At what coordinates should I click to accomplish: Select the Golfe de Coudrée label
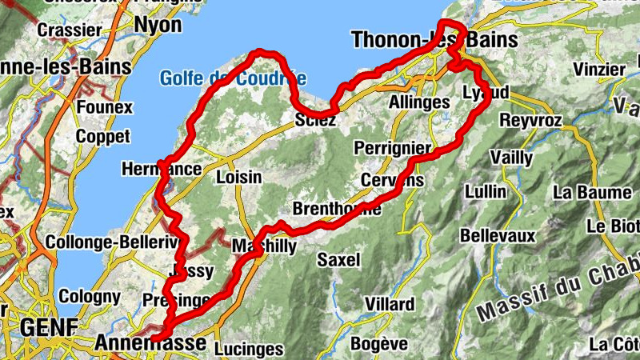tap(232, 78)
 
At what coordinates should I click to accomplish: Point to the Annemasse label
tap(150, 342)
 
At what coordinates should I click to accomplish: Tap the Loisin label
tap(238, 177)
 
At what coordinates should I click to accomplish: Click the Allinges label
tap(418, 102)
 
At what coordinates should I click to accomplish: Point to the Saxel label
tap(339, 259)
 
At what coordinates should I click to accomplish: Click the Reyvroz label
tap(531, 121)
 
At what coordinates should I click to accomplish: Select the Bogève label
tap(380, 344)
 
